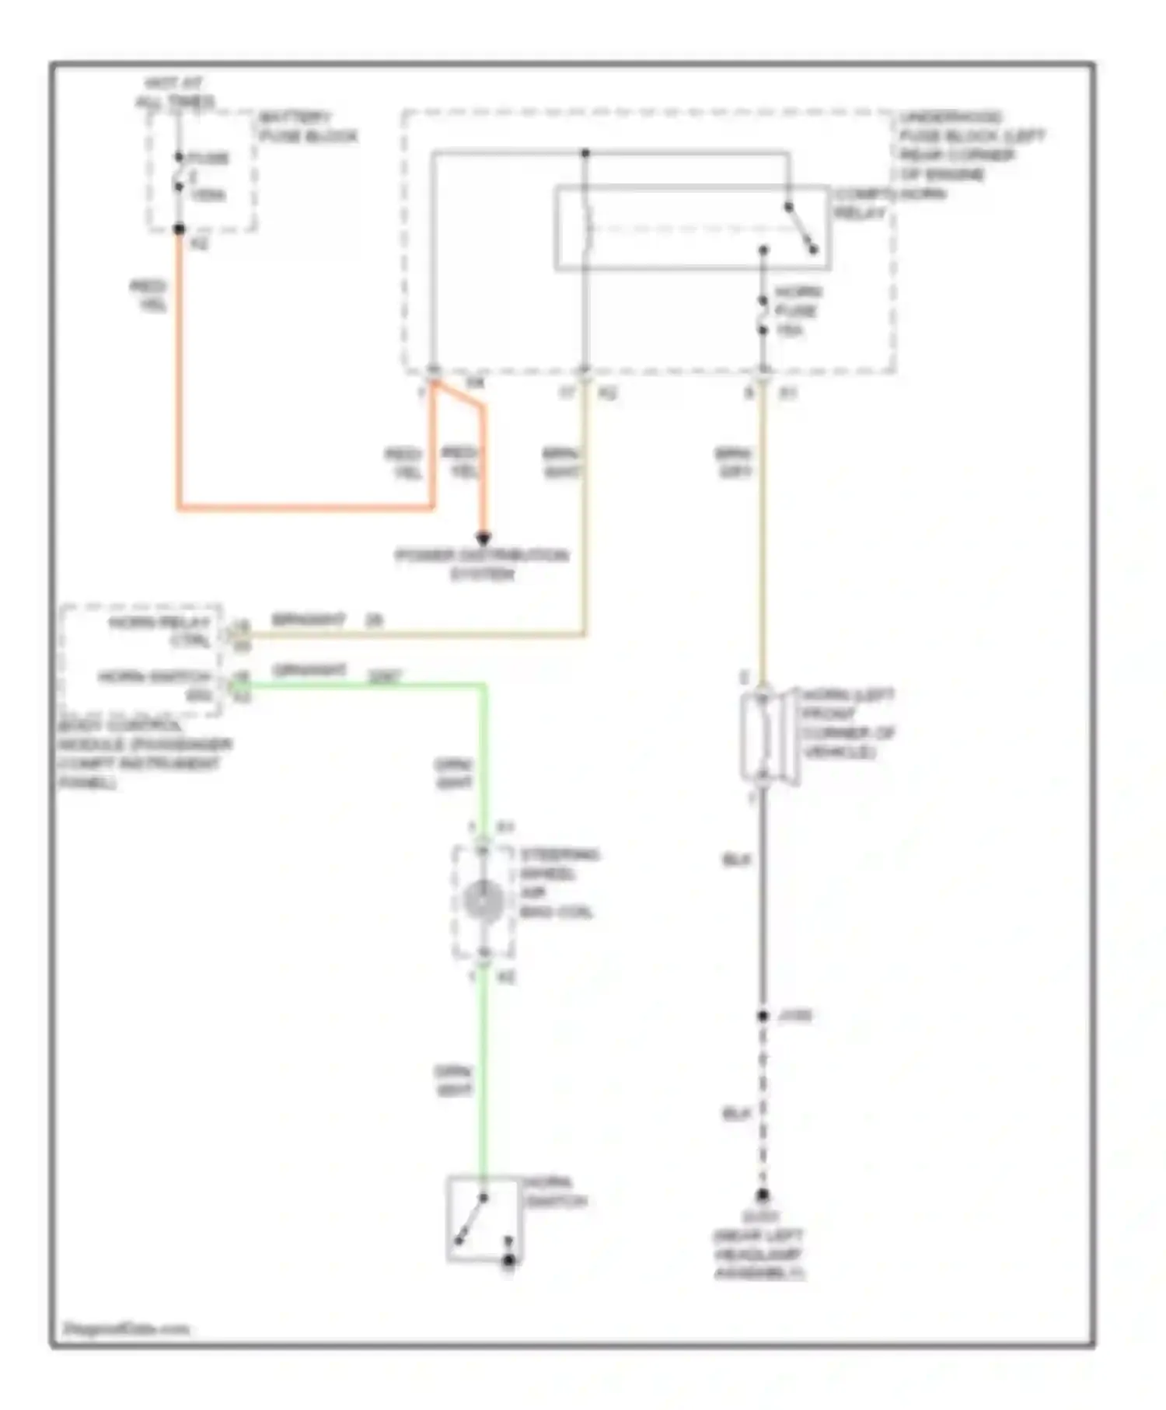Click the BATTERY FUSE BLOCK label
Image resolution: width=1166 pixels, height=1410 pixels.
307,127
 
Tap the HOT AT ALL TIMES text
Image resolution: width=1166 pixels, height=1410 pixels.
174,92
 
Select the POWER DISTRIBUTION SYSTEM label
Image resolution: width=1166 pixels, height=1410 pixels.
482,564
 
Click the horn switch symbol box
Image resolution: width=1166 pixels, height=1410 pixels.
482,1219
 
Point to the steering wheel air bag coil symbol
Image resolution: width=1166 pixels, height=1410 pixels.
483,900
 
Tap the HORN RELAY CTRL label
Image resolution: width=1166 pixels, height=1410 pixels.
159,631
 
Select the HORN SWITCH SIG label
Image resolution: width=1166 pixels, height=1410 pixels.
155,686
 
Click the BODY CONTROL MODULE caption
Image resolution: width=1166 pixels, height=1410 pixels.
144,754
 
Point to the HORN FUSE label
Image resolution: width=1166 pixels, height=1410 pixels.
798,310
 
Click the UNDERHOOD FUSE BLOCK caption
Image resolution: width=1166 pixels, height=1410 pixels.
972,145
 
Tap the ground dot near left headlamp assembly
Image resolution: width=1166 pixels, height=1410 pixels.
763,1195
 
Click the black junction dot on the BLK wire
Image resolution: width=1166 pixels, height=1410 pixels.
763,1016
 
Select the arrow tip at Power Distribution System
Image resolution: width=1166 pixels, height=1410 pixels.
483,538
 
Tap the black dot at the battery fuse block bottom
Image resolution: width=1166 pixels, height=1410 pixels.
180,229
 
